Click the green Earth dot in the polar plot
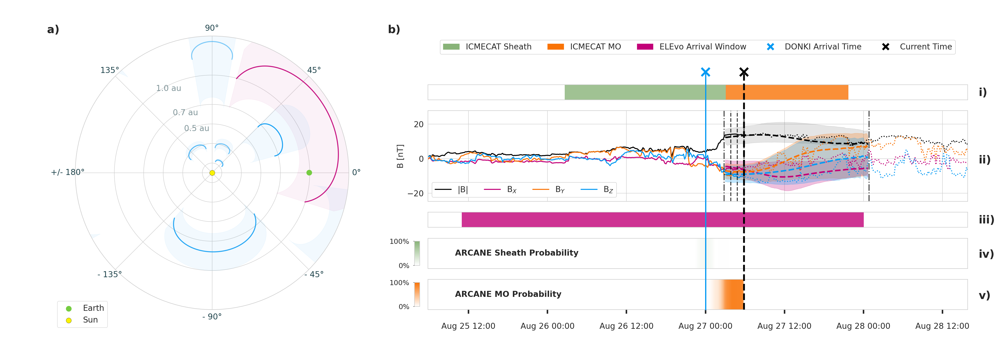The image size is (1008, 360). coord(309,173)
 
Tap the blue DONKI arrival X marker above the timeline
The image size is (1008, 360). coord(706,72)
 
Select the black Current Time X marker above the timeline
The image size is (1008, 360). coord(744,72)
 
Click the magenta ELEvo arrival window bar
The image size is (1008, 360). coord(662,220)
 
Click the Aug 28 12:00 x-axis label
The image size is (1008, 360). coord(942,326)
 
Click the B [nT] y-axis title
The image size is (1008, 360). coord(400,156)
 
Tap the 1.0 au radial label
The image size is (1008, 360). coord(169,88)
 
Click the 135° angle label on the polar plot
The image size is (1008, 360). coord(110,70)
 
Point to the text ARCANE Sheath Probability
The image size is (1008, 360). coord(516,253)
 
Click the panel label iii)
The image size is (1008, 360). coord(986,220)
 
